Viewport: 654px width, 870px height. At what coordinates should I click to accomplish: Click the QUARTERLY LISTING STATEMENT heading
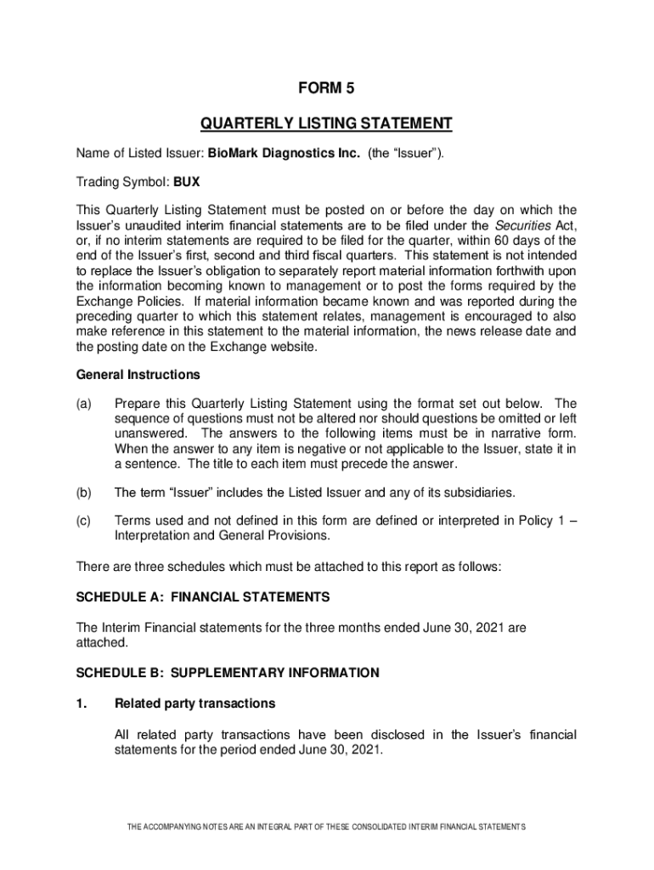pos(326,125)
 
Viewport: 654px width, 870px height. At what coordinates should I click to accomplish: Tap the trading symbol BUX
pos(187,182)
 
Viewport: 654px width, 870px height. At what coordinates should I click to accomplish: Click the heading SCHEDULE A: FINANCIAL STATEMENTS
pos(202,597)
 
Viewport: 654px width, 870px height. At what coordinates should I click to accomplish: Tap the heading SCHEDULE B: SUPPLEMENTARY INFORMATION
pos(228,673)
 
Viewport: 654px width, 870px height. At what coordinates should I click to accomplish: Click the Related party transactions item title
pos(195,703)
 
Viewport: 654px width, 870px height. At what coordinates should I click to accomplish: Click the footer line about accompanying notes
pos(326,827)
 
